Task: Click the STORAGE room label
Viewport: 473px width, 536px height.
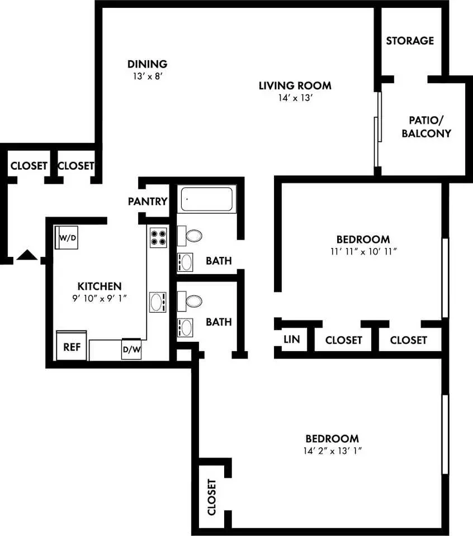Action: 410,41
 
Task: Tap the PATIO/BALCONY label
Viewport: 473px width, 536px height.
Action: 426,127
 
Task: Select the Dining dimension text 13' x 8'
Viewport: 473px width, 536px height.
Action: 148,76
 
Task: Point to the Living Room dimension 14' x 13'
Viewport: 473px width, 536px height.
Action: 295,98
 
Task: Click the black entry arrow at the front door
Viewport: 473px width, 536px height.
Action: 27,255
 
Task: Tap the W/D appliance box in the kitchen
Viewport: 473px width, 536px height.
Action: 67,238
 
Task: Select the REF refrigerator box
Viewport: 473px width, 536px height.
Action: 72,345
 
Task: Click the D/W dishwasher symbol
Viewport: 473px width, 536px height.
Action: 131,349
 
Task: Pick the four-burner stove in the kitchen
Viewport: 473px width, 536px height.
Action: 158,238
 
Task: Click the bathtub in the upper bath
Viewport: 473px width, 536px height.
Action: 207,199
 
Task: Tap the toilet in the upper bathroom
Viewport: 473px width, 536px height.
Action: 190,236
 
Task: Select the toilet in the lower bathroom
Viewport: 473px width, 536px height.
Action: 190,301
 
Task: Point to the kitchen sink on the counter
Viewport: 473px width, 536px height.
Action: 158,302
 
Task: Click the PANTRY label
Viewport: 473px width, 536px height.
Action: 148,202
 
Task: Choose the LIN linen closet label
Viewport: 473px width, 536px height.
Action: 292,339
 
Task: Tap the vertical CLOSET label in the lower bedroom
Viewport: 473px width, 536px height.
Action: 212,497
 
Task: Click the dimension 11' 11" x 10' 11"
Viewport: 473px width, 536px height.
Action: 363,252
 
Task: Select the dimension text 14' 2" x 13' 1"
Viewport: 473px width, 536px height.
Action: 332,451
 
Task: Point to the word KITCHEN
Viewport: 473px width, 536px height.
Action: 100,286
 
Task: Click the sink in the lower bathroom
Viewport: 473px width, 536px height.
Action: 185,328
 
